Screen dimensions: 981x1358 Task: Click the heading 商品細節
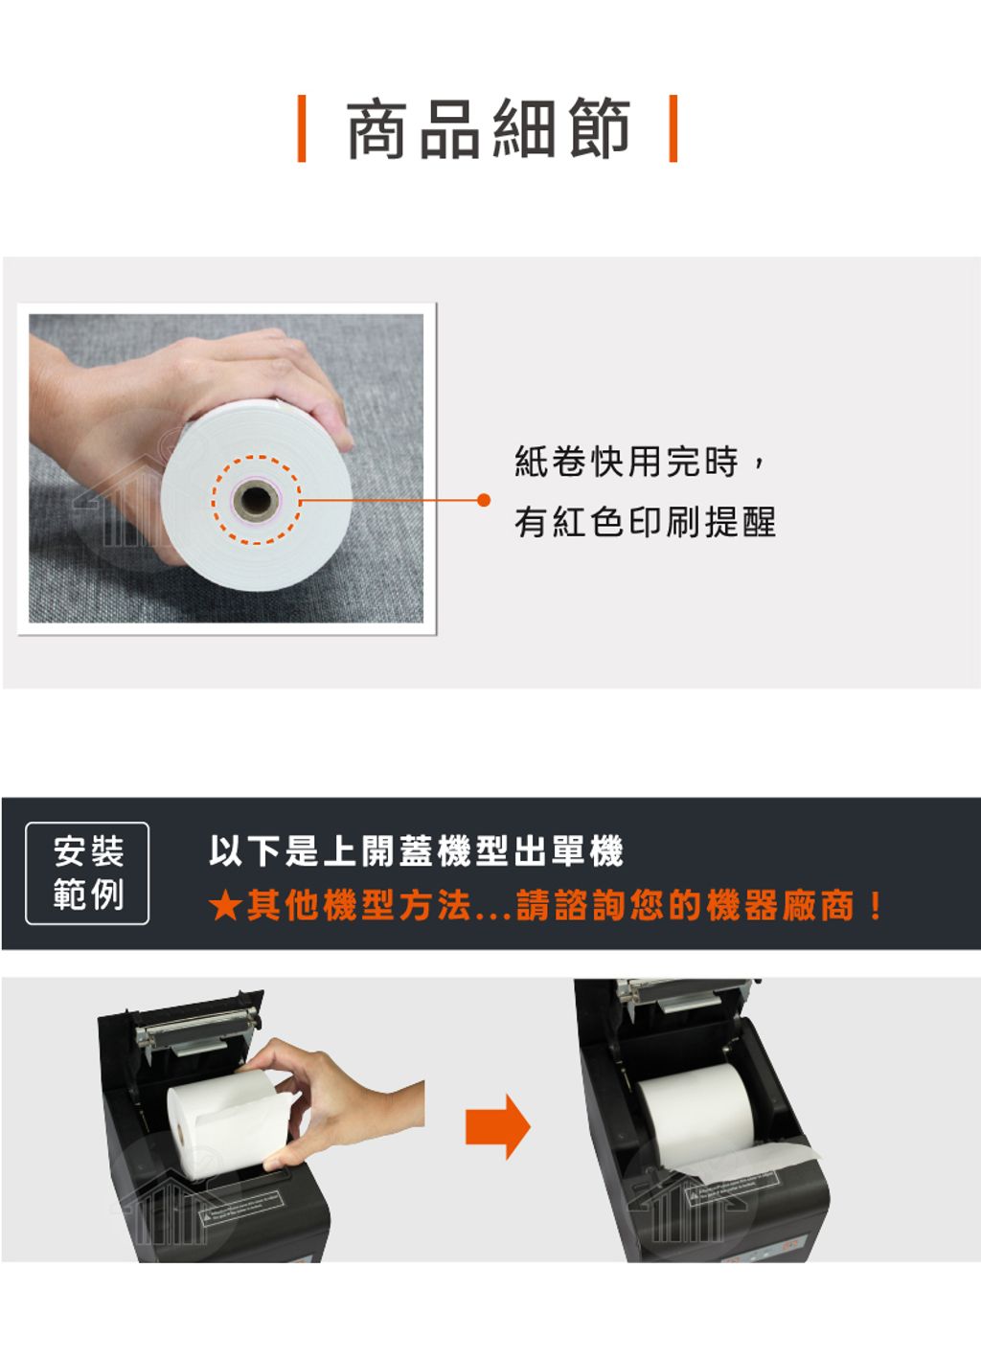[x=489, y=128]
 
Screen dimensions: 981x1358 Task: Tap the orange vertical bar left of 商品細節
[x=302, y=128]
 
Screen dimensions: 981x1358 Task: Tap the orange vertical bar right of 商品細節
[x=673, y=128]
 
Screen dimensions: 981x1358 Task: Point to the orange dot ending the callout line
[x=483, y=500]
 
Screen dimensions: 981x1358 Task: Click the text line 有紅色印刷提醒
[x=645, y=522]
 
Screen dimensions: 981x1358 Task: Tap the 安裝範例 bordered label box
[x=87, y=873]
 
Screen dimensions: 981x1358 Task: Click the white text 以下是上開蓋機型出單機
[x=417, y=850]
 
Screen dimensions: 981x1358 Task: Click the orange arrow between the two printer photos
[x=497, y=1127]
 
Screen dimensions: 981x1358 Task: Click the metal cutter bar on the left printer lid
[x=197, y=1024]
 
